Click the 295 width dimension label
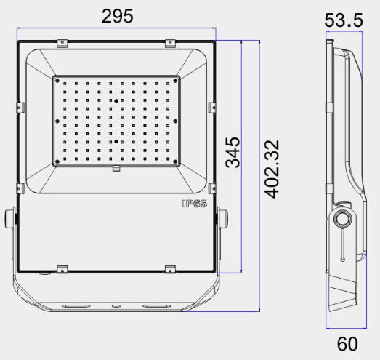click(x=117, y=16)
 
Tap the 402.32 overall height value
click(x=272, y=169)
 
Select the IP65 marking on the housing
click(x=195, y=204)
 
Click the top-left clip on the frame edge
click(x=62, y=43)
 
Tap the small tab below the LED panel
click(x=116, y=170)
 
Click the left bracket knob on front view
click(x=10, y=218)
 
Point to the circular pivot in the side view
click(x=343, y=218)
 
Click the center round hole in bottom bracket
click(x=116, y=306)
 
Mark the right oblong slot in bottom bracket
click(x=155, y=306)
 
